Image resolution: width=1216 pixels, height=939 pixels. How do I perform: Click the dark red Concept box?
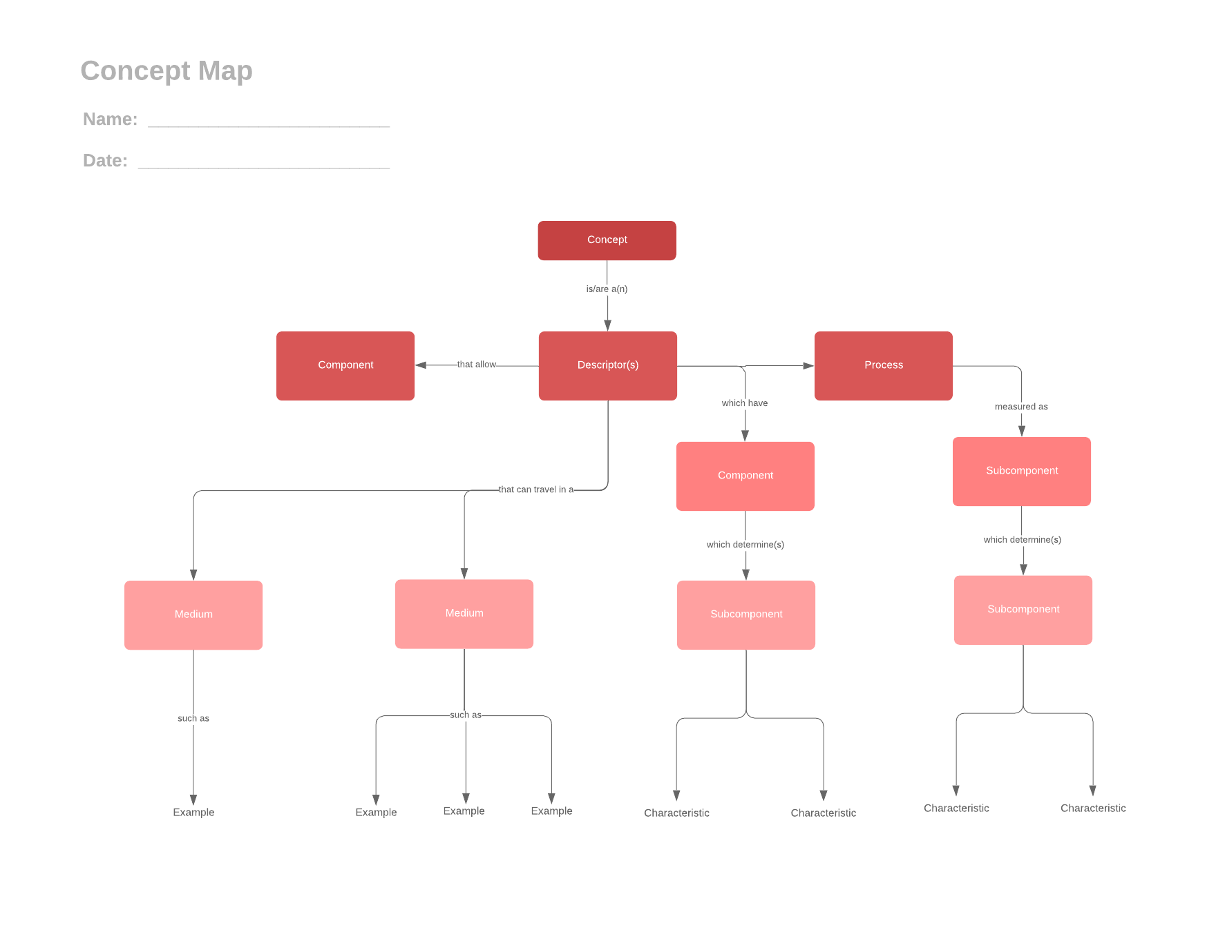pos(607,240)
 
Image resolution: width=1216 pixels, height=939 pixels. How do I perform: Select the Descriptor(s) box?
pos(607,365)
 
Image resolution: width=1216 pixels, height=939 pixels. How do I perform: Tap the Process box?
pos(883,365)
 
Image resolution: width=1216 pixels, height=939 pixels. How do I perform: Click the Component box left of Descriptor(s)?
pos(345,365)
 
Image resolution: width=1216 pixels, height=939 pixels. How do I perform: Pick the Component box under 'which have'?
pos(745,476)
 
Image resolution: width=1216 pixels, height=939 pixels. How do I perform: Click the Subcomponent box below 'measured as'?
pos(1021,471)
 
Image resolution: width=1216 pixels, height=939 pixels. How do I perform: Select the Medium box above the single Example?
pos(193,614)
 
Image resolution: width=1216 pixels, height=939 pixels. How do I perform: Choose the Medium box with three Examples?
pos(464,613)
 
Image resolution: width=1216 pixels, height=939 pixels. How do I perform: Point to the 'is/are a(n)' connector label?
pos(607,289)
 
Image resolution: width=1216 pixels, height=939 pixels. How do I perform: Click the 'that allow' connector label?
pos(476,365)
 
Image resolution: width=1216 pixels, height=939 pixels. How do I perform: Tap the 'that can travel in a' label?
pos(536,490)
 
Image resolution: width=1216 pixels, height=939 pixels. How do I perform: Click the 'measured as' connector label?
pos(1021,407)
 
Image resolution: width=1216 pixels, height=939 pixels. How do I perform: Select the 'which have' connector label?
pos(744,403)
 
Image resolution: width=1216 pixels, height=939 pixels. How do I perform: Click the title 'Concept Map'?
pos(167,70)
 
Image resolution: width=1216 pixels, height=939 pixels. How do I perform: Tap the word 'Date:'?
pos(105,161)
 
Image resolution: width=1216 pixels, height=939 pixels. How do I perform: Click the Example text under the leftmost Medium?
pos(193,812)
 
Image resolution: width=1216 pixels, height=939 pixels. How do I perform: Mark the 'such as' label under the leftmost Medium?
pos(193,718)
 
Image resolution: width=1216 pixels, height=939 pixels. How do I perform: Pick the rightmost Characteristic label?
pos(1093,808)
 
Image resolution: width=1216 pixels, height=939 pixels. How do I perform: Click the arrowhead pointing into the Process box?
pos(808,365)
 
